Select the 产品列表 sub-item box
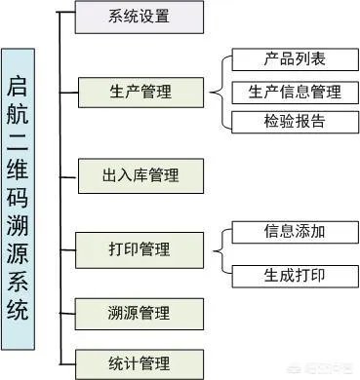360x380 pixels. coord(295,59)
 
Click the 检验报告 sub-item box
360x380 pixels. coord(295,122)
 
